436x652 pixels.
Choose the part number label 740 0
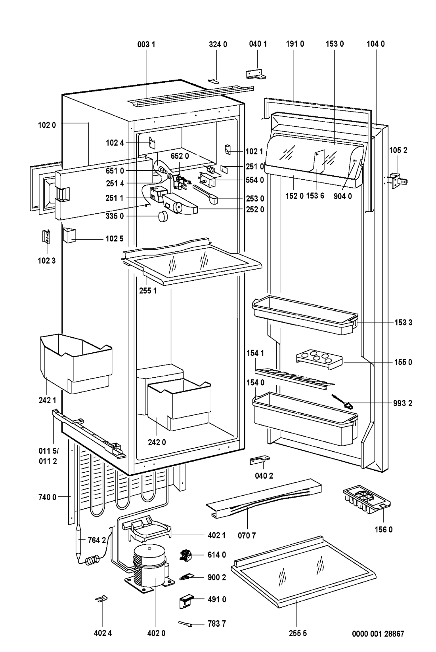(48, 497)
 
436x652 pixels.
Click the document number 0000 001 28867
(378, 634)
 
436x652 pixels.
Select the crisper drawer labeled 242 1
(75, 362)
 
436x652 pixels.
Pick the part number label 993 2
(403, 403)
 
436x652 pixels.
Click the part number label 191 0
(295, 44)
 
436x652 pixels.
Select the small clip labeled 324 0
(213, 81)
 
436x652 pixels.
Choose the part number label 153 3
(403, 322)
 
